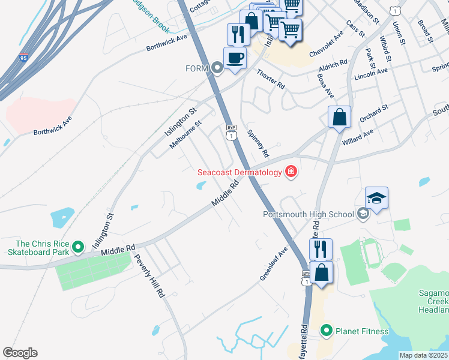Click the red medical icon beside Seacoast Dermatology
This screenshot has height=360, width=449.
[291, 172]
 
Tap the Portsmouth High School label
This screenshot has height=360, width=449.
[308, 214]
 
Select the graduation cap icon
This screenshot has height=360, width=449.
[376, 197]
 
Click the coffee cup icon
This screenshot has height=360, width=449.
[234, 58]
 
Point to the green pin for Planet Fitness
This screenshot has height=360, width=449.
[326, 331]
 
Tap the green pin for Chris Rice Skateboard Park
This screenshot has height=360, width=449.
[77, 247]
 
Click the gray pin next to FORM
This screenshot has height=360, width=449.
[217, 68]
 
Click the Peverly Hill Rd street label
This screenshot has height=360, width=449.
[149, 277]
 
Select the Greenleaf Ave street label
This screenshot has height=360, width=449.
[274, 262]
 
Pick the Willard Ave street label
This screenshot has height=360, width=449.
[358, 137]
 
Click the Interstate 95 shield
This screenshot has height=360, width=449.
[23, 58]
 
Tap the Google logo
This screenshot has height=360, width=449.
[20, 352]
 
